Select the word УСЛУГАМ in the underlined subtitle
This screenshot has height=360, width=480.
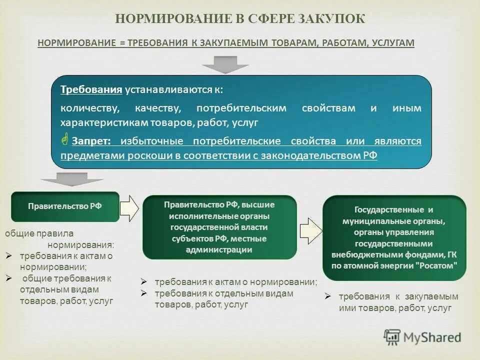pyautogui.click(x=393, y=43)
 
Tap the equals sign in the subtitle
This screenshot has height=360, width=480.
pyautogui.click(x=121, y=43)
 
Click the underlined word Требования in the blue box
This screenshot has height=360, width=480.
pyautogui.click(x=91, y=89)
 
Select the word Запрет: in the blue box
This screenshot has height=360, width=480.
pyautogui.click(x=91, y=141)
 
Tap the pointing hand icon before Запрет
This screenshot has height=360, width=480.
pyautogui.click(x=65, y=140)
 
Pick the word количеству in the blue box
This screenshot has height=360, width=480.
pyautogui.click(x=89, y=108)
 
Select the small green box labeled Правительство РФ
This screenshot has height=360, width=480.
pyautogui.click(x=65, y=206)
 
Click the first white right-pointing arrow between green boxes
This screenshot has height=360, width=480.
pyautogui.click(x=129, y=207)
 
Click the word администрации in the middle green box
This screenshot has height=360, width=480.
pyautogui.click(x=219, y=249)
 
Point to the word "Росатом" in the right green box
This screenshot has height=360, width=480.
pyautogui.click(x=436, y=265)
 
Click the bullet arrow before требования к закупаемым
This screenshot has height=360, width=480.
pyautogui.click(x=327, y=296)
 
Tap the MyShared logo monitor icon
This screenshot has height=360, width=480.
pyautogui.click(x=392, y=337)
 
